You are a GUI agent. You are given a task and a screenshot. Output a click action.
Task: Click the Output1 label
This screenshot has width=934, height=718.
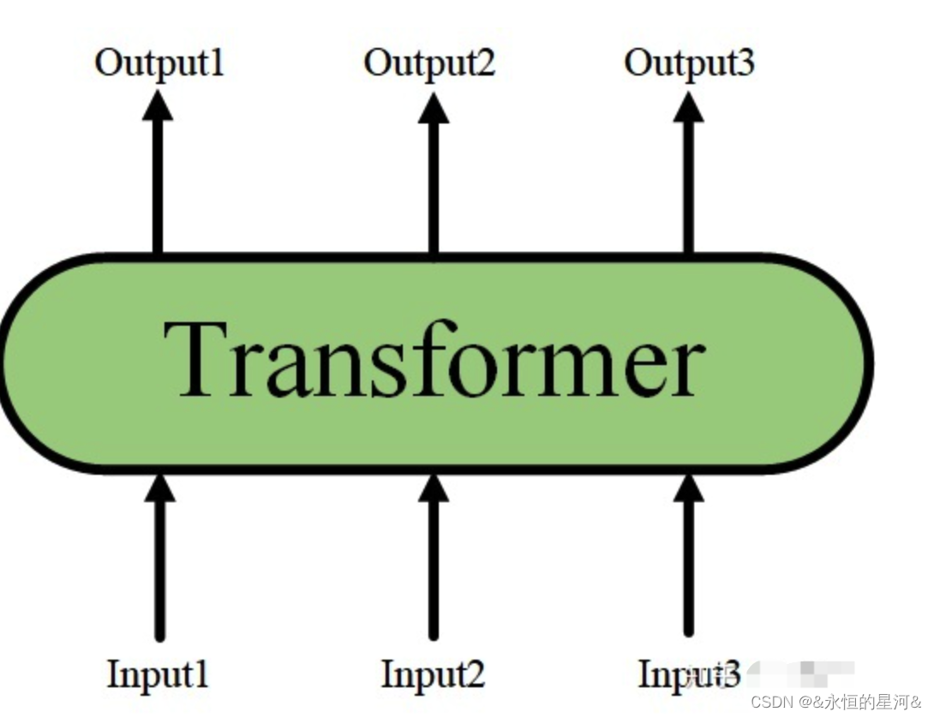point(159,63)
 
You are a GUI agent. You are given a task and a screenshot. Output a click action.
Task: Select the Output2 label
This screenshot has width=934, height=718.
point(429,63)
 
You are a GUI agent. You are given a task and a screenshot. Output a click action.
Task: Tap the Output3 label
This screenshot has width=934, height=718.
point(689,63)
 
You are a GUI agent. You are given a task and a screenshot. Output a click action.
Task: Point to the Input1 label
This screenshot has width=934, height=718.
point(159,673)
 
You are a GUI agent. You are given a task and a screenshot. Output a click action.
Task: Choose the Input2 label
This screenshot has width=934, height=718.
point(433,673)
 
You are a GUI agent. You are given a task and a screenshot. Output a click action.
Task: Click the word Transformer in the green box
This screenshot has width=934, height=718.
point(434,360)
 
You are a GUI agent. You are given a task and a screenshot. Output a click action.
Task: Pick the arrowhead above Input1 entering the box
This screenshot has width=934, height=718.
point(159,488)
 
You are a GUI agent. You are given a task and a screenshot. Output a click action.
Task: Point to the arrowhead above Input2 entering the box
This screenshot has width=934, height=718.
point(433,488)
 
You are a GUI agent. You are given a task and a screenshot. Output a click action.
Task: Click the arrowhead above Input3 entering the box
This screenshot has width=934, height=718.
point(688,488)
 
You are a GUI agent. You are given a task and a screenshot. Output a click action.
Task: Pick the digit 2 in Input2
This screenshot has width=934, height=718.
point(474,673)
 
